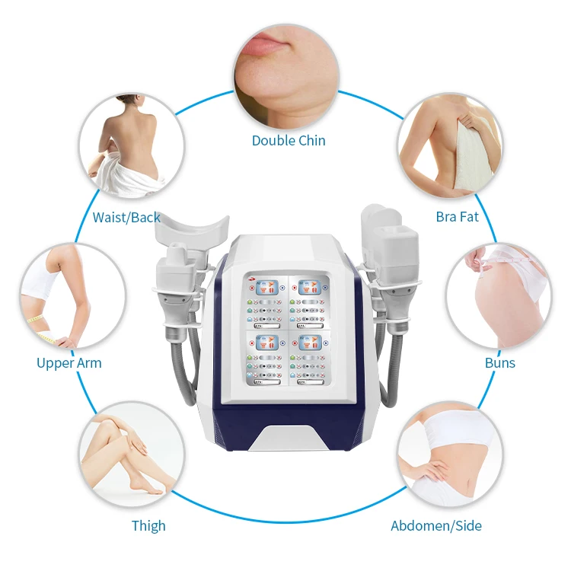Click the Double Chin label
tap(289, 140)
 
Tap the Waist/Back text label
tap(126, 218)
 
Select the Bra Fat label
tap(457, 217)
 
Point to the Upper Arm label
tap(69, 363)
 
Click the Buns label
tap(500, 362)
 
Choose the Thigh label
tap(148, 525)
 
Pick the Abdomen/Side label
tap(436, 525)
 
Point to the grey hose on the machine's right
tap(394, 365)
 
